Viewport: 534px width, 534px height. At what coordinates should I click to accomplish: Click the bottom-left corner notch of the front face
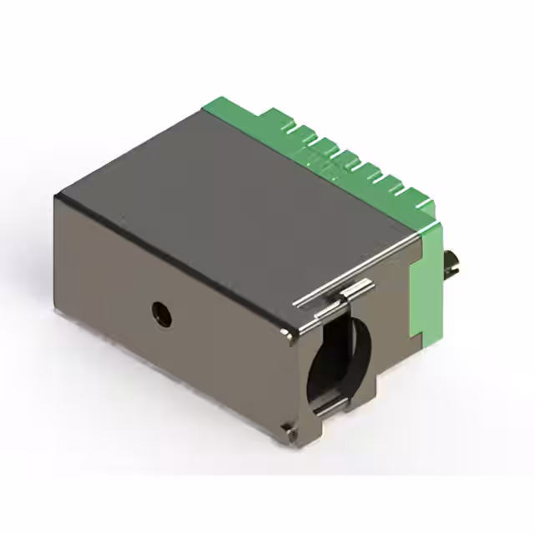click(288, 429)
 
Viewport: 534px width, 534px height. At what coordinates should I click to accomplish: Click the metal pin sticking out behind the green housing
click(455, 265)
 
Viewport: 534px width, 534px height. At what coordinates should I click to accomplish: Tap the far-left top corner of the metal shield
click(57, 197)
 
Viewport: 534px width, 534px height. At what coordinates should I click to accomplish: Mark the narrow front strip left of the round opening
click(302, 367)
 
